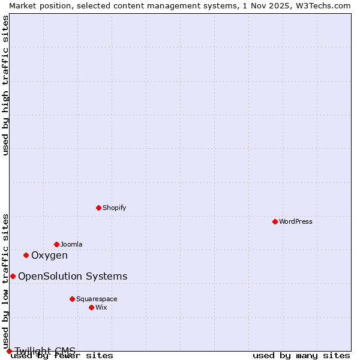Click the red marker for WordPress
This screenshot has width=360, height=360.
tap(275, 221)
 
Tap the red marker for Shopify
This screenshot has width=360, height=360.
tap(98, 208)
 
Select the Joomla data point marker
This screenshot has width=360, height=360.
tap(56, 244)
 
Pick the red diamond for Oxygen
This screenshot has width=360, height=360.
tap(26, 255)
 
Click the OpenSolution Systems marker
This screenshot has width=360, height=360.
tap(13, 276)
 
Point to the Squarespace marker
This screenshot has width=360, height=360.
tap(72, 299)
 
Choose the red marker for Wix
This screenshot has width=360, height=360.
tap(91, 307)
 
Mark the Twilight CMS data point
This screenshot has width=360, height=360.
tap(9, 351)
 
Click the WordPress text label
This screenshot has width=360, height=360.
tap(296, 221)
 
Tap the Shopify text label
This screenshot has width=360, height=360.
tap(115, 208)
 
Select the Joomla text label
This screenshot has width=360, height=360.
tap(71, 244)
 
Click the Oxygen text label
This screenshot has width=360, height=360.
tap(49, 255)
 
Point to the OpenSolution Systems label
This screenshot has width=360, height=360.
tap(73, 276)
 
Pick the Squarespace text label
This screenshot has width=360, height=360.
tap(97, 299)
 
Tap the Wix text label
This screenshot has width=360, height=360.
tap(101, 307)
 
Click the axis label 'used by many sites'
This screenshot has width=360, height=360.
tap(301, 356)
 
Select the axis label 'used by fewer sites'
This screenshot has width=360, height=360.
tap(62, 356)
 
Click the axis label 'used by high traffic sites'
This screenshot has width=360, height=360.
tap(6, 85)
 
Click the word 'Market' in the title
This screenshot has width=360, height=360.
tap(22, 5)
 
